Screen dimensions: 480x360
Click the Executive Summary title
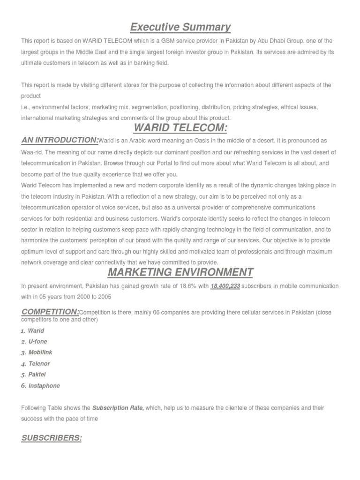pyautogui.click(x=180, y=27)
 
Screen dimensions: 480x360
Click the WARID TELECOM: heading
pyautogui.click(x=180, y=128)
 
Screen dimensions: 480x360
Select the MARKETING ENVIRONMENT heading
pyautogui.click(x=180, y=272)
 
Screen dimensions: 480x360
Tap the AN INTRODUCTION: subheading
pyautogui.click(x=60, y=140)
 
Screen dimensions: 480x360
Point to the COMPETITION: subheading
pyautogui.click(x=51, y=312)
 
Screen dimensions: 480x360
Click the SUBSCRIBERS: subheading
pyautogui.click(x=52, y=438)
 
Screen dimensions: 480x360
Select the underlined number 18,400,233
pyautogui.click(x=225, y=286)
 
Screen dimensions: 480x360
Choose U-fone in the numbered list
pyautogui.click(x=38, y=342)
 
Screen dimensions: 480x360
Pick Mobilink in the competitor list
pyautogui.click(x=40, y=352)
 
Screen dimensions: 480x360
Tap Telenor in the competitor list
pyautogui.click(x=39, y=364)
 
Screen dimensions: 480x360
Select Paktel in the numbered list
pyautogui.click(x=37, y=375)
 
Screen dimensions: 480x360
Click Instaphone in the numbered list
pyautogui.click(x=44, y=386)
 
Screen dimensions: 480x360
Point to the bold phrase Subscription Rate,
pyautogui.click(x=118, y=408)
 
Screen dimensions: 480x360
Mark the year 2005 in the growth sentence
pyautogui.click(x=104, y=297)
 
